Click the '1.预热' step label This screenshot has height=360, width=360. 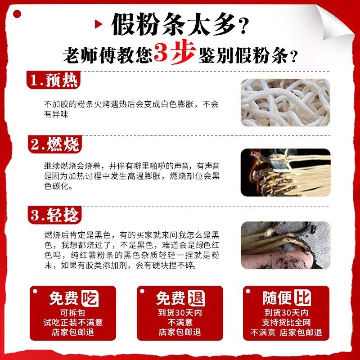pos(54,81)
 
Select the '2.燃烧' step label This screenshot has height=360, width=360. pos(54,144)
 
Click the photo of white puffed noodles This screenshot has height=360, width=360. pos(285,103)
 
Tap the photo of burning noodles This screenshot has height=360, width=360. pos(285,172)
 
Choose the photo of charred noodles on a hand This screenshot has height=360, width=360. pos(285,245)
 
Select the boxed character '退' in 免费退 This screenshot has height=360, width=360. pos(196,298)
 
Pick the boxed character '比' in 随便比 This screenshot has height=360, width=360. pos(302,298)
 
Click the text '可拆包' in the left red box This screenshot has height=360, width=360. pos(73,312)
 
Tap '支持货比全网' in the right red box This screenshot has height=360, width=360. pos(286,323)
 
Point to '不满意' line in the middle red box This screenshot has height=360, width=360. pos(180,323)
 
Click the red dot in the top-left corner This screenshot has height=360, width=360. pos(17,13)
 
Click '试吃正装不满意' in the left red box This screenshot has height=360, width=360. pos(73,323)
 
